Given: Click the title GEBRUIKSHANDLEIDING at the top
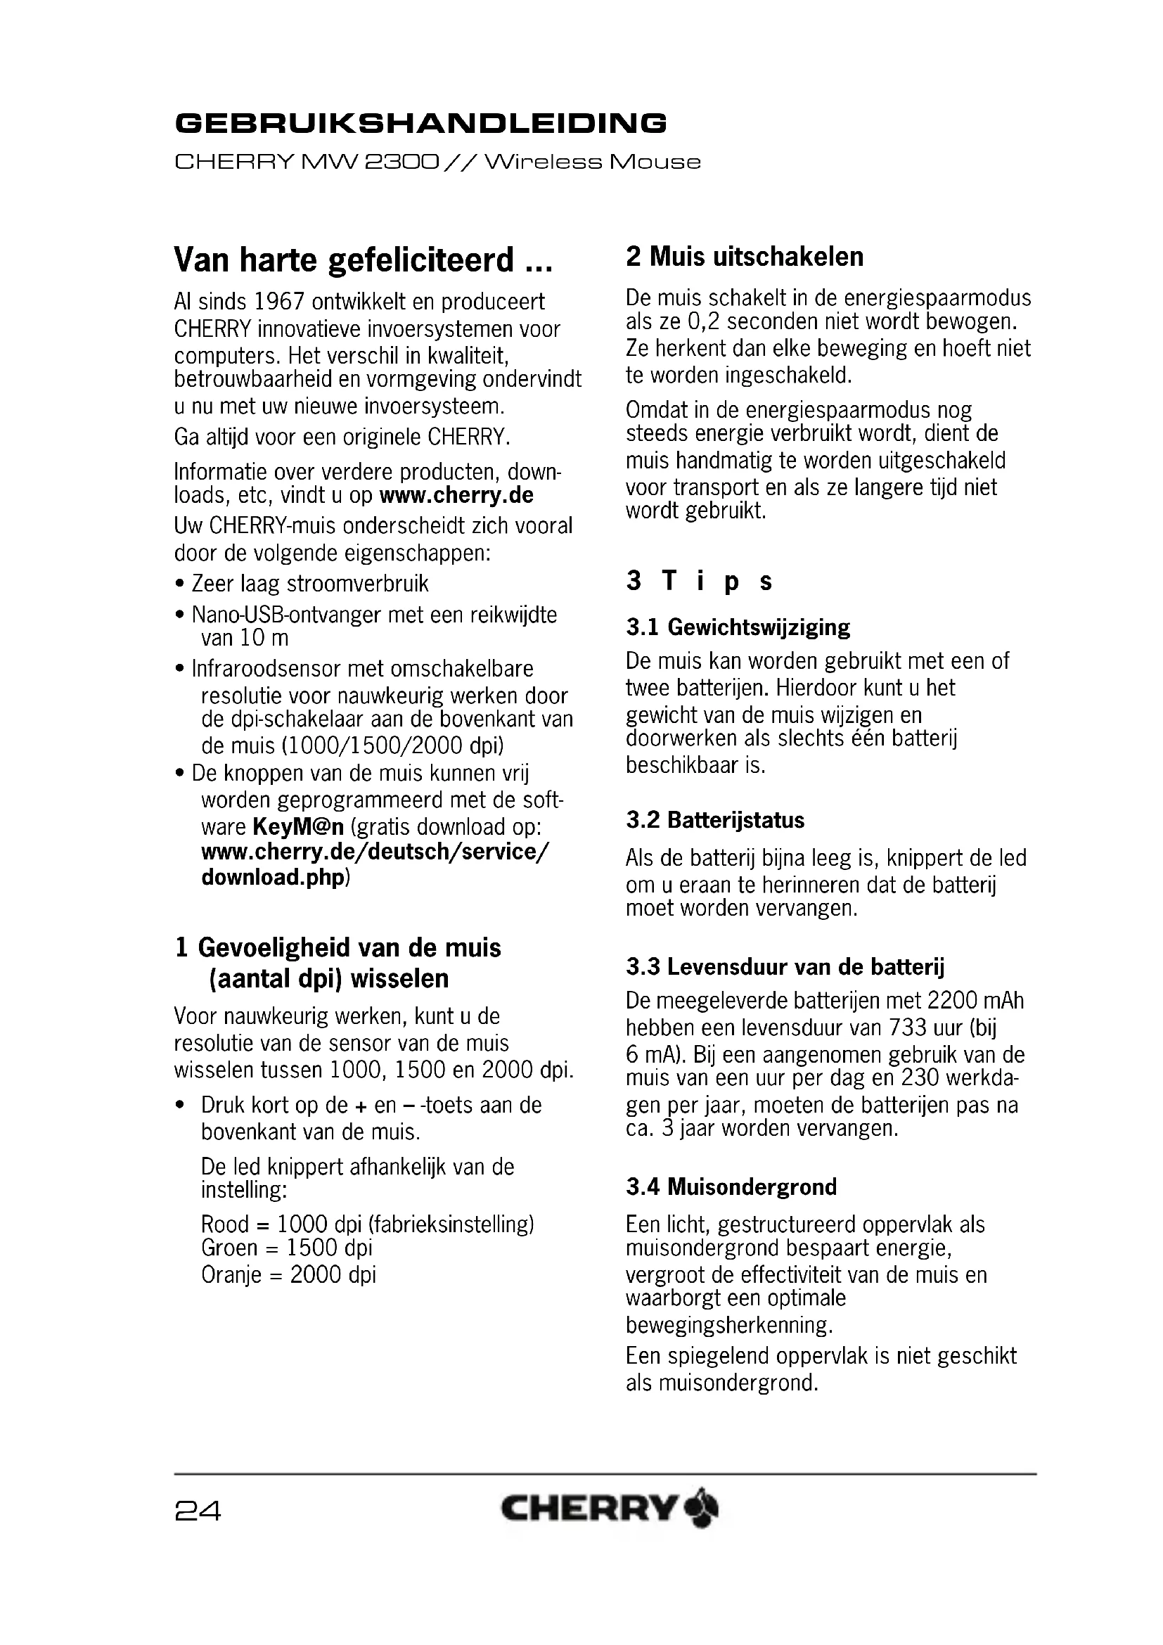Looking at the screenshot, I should (x=420, y=123).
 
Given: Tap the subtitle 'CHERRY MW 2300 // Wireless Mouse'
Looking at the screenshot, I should (x=437, y=162).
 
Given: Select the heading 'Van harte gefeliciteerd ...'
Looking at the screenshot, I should (x=363, y=260).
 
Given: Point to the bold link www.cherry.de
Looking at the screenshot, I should (x=456, y=496).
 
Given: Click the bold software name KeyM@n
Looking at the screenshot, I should (x=299, y=827).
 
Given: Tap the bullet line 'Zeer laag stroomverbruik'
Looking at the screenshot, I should (x=309, y=584).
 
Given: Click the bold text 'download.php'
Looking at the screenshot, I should (x=273, y=877).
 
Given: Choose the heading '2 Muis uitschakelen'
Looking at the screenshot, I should (x=745, y=257).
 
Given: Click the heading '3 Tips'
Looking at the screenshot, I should (x=699, y=581).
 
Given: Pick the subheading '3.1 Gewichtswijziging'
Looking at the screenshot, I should (x=738, y=627).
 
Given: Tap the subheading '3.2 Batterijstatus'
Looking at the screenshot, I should (x=714, y=820).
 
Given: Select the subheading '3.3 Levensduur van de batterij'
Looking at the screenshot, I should (x=785, y=967).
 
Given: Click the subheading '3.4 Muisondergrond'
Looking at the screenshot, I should (x=731, y=1187).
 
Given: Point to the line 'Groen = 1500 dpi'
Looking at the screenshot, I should (x=286, y=1248).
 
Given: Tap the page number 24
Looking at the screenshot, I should (x=198, y=1511).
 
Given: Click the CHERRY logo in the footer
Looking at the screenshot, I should (x=609, y=1509).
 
